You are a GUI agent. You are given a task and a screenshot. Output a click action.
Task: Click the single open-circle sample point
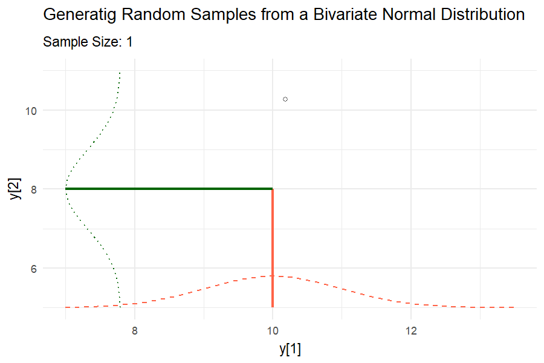(x=285, y=99)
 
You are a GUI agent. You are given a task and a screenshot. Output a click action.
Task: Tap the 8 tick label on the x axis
(x=134, y=331)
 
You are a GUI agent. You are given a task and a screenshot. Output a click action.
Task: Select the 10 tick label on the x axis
(x=273, y=331)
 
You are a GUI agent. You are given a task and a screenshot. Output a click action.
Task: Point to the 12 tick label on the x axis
(x=411, y=331)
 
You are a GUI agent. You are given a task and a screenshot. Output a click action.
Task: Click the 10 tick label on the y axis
(x=32, y=111)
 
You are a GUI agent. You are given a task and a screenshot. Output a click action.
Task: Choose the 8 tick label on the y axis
(x=35, y=189)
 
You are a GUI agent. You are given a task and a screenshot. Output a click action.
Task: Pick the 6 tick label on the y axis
(x=35, y=269)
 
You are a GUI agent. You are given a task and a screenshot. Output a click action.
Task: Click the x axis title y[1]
(x=290, y=349)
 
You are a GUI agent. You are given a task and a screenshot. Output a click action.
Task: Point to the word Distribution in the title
(x=478, y=15)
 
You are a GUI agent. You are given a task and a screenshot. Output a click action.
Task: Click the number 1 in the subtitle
(x=129, y=42)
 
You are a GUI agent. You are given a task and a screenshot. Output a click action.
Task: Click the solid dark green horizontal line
(x=169, y=189)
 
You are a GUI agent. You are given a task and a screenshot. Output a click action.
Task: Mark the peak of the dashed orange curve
(x=273, y=276)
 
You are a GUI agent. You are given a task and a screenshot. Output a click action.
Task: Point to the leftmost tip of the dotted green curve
(x=65, y=189)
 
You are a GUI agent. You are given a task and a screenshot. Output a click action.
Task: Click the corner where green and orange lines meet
(x=273, y=189)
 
